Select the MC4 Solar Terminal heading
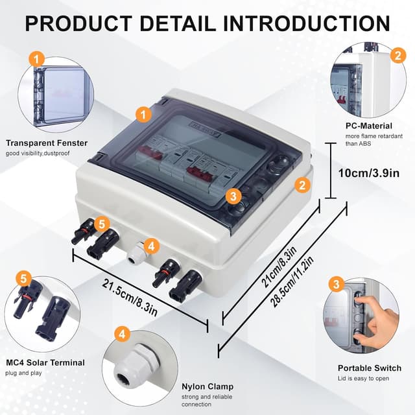45,362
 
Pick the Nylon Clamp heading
207,386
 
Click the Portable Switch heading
370,368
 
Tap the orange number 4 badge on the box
150,246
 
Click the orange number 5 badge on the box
101,224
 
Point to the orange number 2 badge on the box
301,184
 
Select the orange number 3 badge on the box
234,196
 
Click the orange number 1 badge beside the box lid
143,113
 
